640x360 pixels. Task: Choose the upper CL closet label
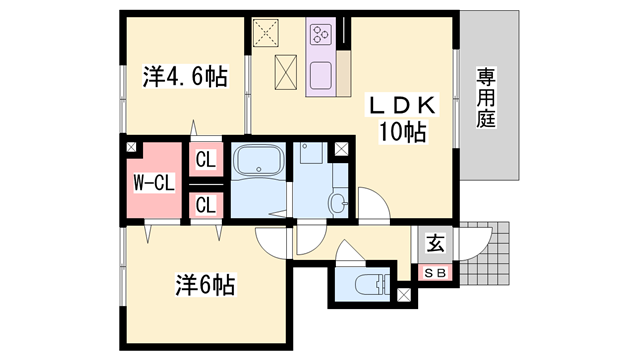click(205, 159)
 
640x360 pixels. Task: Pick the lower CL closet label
click(205, 206)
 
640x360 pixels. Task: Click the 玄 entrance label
click(435, 244)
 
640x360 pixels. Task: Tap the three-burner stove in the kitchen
click(321, 35)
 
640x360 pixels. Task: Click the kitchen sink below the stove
click(321, 75)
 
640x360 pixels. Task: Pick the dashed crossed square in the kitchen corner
click(268, 33)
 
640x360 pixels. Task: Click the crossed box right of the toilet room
click(404, 295)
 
